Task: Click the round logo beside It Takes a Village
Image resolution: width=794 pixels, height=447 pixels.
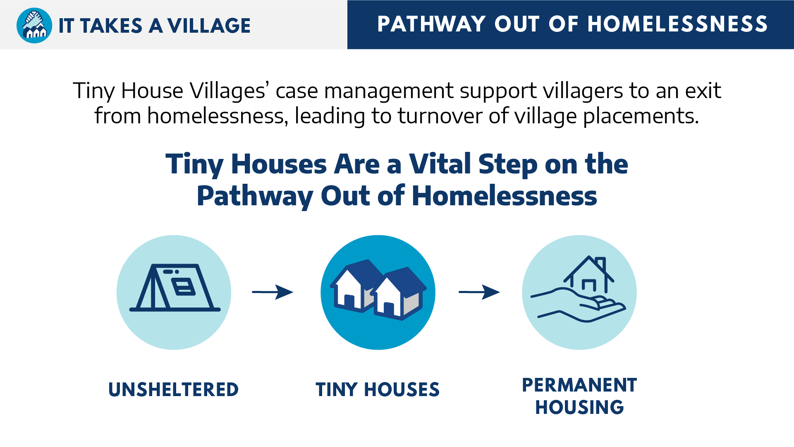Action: point(34,25)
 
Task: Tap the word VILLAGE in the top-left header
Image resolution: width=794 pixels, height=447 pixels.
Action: point(209,26)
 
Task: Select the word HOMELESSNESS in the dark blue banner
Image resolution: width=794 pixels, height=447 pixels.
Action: point(677,24)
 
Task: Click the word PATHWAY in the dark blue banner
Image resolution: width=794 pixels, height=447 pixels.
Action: point(431,24)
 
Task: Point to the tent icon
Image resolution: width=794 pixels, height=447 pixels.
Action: point(175,287)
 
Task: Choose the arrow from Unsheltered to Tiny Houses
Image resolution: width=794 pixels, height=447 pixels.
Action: point(273,292)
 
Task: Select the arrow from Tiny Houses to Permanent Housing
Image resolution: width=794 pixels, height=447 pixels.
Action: point(479,292)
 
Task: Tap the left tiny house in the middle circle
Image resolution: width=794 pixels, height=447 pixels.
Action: point(356,286)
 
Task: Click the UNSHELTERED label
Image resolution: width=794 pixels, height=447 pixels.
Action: point(174,389)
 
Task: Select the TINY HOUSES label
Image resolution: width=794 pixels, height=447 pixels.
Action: point(378,389)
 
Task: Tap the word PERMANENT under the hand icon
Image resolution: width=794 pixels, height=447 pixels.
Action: point(579,385)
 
